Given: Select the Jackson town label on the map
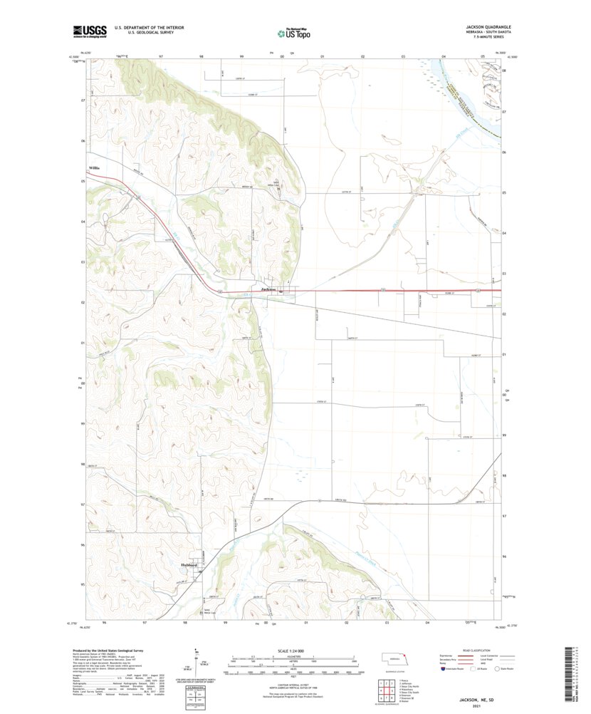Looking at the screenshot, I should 268,289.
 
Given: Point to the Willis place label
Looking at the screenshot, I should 94,168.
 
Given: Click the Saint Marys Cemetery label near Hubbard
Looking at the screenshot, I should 207,611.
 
